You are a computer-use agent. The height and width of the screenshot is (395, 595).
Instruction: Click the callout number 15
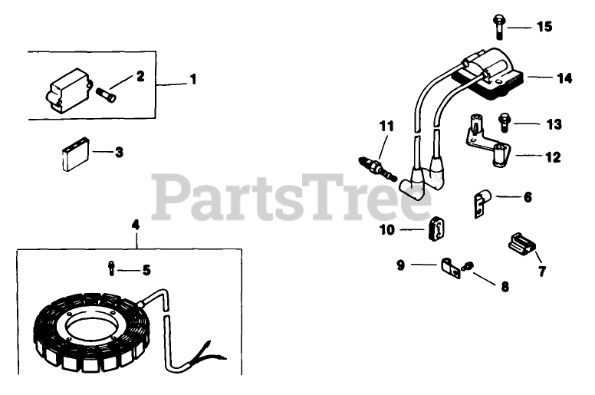[x=544, y=27]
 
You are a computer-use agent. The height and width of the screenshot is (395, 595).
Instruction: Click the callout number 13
[x=554, y=123]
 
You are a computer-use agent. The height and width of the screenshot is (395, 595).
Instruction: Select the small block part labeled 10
[x=438, y=228]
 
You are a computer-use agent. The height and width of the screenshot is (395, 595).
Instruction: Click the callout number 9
[x=401, y=265]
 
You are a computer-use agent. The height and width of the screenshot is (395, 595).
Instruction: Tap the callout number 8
[x=504, y=287]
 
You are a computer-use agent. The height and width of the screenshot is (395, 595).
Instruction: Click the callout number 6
[x=528, y=197]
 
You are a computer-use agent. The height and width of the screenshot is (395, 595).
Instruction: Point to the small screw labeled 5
[x=113, y=268]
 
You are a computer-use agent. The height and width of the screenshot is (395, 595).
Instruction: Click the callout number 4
[x=136, y=225]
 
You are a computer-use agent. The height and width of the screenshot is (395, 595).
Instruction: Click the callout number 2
[x=140, y=76]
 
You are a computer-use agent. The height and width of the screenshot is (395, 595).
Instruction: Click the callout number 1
[x=193, y=79]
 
